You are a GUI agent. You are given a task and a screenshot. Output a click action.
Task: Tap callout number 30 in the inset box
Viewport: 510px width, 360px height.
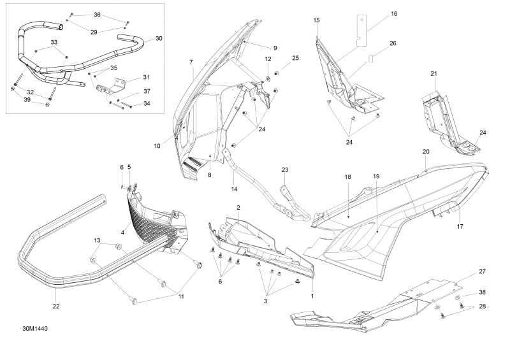pyautogui.click(x=159, y=38)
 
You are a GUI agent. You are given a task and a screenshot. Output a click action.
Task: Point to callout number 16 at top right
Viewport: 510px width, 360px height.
pyautogui.click(x=393, y=13)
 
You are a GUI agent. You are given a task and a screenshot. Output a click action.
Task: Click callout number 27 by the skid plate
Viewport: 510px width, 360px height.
pyautogui.click(x=482, y=271)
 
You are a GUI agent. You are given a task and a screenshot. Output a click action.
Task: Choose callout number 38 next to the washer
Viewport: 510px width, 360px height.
pyautogui.click(x=482, y=292)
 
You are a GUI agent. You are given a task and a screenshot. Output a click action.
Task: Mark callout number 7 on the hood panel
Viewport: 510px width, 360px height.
pyautogui.click(x=191, y=61)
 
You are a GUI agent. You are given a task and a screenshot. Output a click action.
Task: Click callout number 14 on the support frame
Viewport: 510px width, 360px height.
pyautogui.click(x=234, y=189)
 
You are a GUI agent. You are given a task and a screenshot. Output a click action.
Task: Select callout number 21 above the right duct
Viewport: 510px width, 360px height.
pyautogui.click(x=433, y=74)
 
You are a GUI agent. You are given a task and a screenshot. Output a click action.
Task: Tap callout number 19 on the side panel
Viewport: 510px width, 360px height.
pyautogui.click(x=376, y=175)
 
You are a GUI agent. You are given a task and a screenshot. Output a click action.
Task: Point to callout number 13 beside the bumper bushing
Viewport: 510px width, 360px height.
pyautogui.click(x=97, y=240)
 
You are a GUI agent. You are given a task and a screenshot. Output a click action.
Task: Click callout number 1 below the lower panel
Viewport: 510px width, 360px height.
pyautogui.click(x=312, y=297)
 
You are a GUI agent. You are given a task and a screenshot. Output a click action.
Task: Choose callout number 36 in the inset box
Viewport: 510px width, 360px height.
pyautogui.click(x=97, y=14)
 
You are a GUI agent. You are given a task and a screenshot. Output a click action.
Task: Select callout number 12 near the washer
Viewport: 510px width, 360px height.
pyautogui.click(x=268, y=59)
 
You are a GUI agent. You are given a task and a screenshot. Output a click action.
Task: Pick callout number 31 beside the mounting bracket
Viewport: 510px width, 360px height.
pyautogui.click(x=146, y=78)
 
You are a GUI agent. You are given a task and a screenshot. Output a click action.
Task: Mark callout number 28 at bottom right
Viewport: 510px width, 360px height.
pyautogui.click(x=482, y=307)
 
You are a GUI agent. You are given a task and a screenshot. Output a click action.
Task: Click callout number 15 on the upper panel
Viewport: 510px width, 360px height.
pyautogui.click(x=316, y=20)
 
